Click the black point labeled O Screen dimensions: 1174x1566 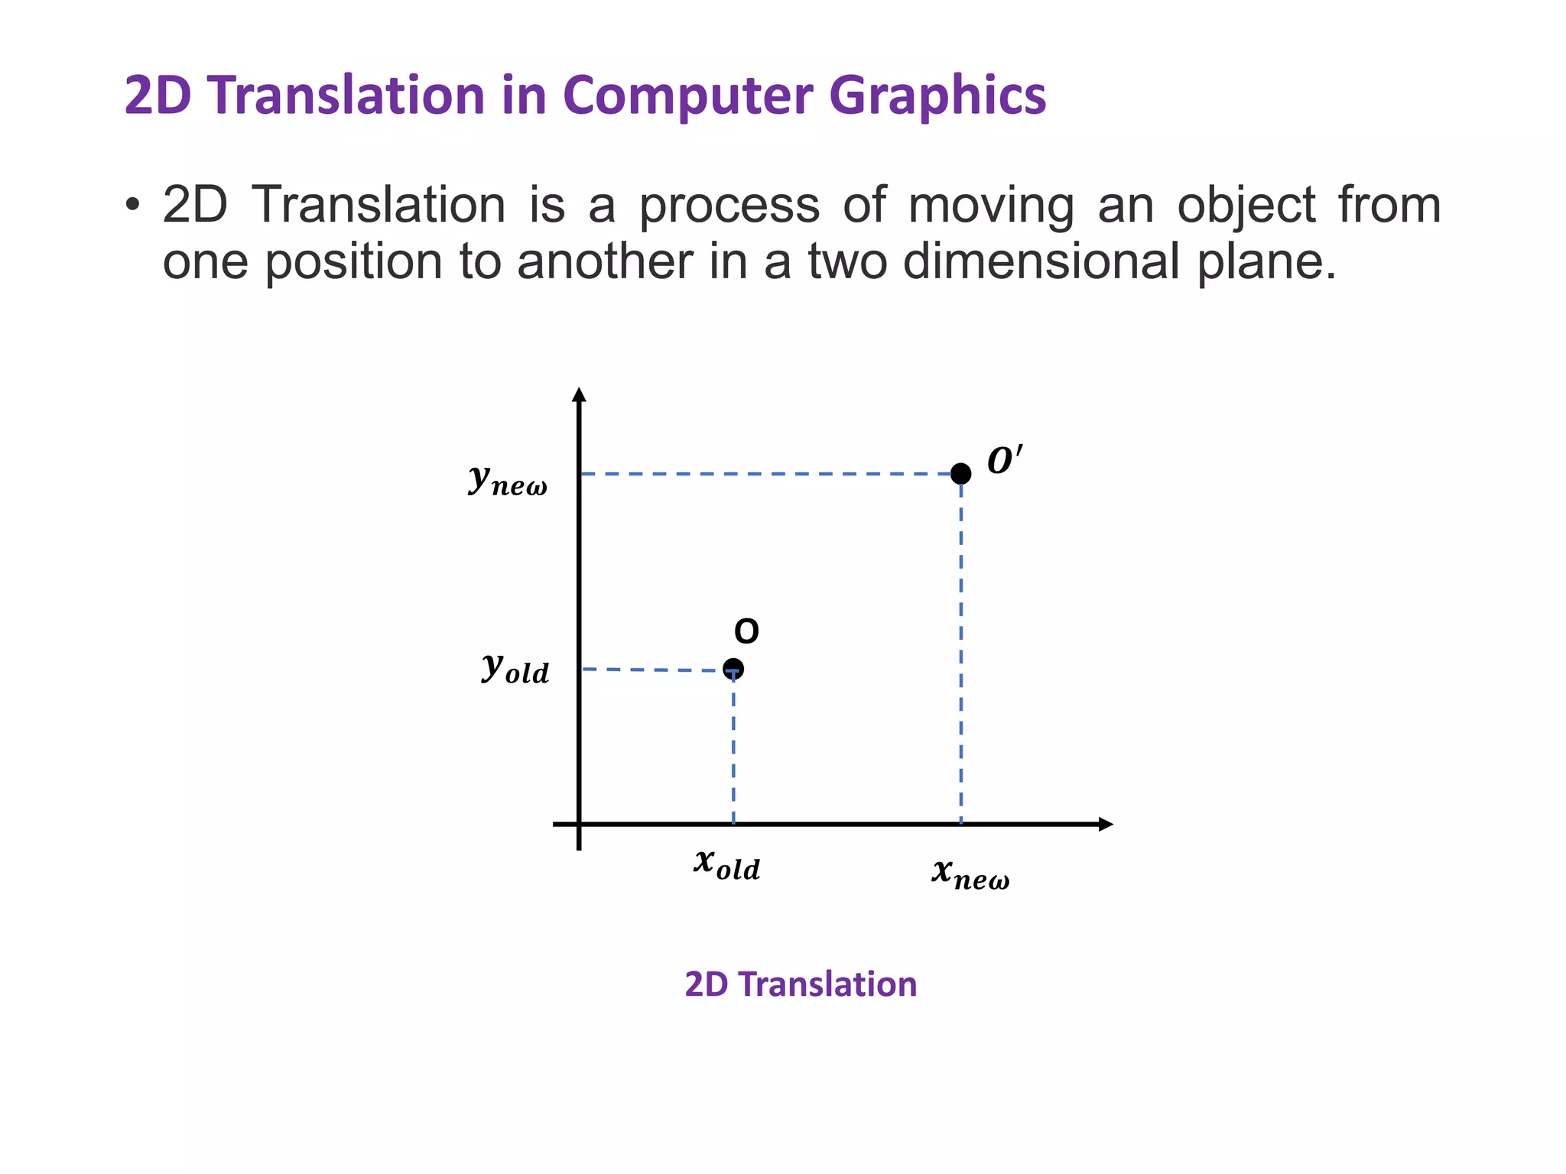(733, 670)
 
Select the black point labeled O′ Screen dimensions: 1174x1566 (961, 474)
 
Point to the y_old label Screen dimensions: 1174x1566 (515, 669)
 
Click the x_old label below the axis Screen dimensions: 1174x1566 (727, 864)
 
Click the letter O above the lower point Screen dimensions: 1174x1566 (746, 632)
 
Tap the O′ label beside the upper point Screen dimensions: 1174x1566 (1004, 461)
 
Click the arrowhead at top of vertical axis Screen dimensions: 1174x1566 (580, 394)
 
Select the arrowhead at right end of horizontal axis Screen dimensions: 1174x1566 (1106, 824)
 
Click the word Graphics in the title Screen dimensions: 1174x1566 (937, 96)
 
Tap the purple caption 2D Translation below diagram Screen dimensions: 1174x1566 (801, 984)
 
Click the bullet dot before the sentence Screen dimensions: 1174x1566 (133, 206)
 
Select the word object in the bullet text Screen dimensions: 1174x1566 (1246, 206)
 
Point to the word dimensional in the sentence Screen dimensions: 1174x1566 (1041, 261)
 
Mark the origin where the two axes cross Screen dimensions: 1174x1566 (580, 824)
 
